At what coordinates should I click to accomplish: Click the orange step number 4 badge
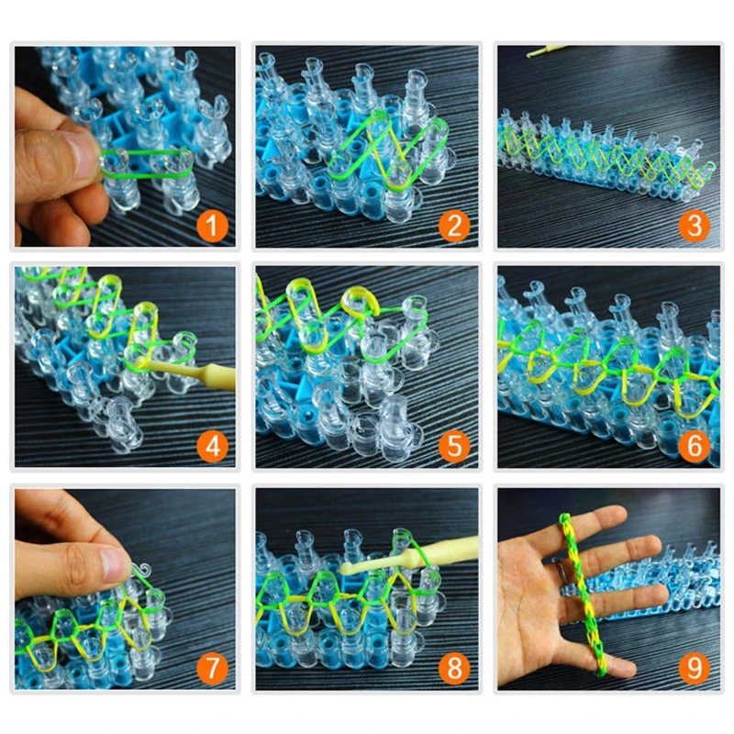point(213,447)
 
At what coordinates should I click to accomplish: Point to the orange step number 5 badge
point(453,447)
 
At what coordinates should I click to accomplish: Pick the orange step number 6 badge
point(695,447)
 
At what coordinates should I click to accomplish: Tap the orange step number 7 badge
point(213,668)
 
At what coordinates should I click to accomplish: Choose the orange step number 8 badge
point(453,668)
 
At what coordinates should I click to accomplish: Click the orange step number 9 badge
point(695,668)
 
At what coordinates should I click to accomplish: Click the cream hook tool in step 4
point(197,371)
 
